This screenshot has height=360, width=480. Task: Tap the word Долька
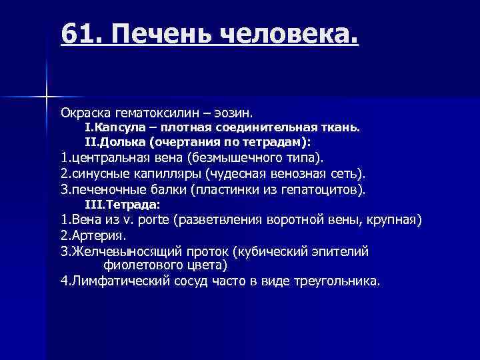[121, 143]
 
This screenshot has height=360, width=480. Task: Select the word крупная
[394, 221]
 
